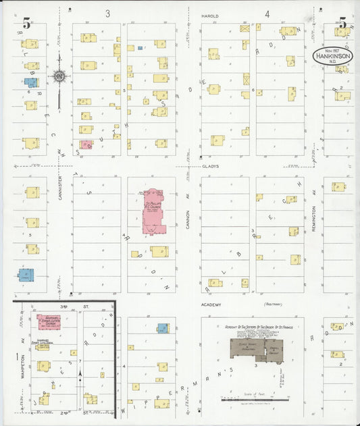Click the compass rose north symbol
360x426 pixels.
[x=59, y=78]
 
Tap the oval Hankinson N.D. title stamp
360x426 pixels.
[x=336, y=55]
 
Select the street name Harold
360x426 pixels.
[x=210, y=14]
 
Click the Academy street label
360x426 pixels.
[x=211, y=304]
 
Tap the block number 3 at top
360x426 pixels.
[x=107, y=14]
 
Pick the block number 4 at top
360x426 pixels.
[x=267, y=14]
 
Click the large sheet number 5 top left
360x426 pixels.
[x=26, y=23]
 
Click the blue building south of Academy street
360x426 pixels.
[x=162, y=328]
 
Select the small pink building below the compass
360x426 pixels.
[x=86, y=144]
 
